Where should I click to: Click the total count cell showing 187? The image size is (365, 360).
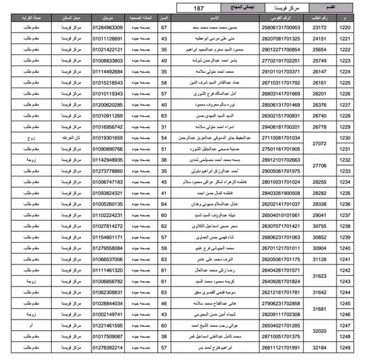[x=198, y=8]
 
